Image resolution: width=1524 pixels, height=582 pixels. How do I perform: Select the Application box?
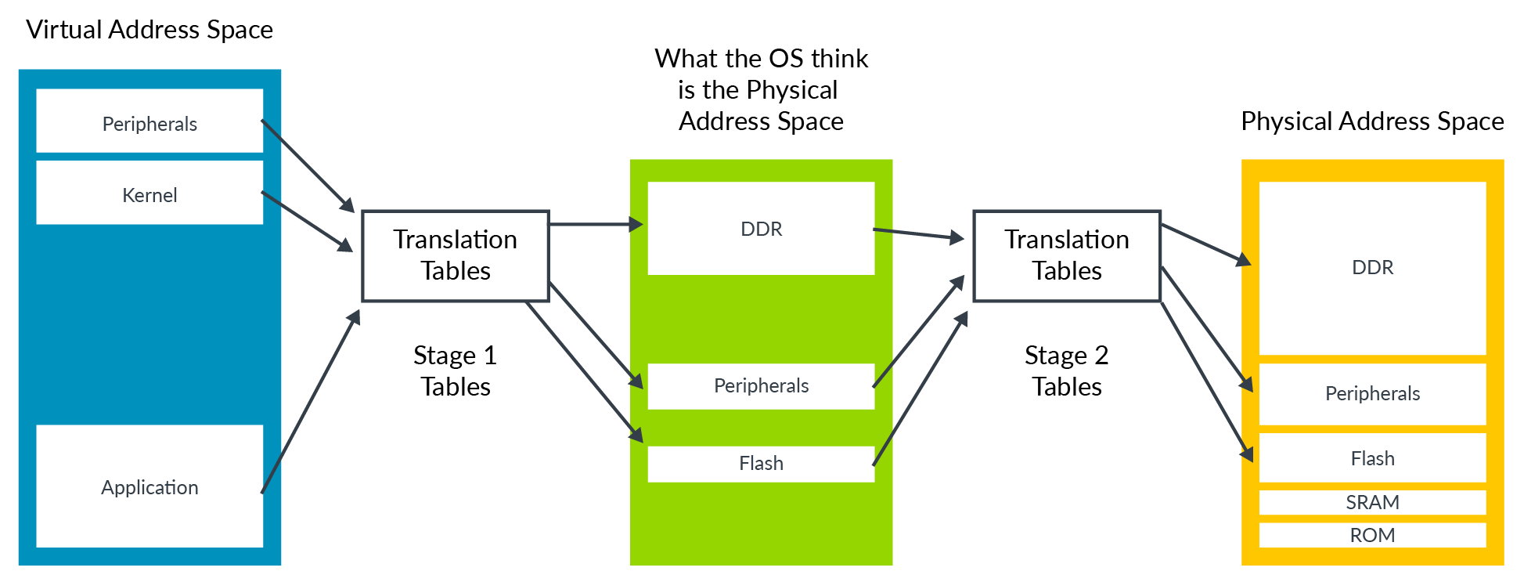coord(150,486)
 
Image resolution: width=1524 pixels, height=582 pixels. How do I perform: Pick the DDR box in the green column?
coord(761,228)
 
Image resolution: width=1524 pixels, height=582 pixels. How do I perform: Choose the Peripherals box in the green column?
coord(761,385)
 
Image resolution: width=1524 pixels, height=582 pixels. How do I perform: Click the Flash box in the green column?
coord(761,464)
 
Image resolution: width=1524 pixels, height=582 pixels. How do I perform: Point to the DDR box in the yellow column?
coord(1372,268)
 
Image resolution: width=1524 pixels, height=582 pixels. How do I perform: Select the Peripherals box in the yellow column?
coord(1372,393)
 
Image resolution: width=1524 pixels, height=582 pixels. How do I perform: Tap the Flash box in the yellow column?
coord(1372,458)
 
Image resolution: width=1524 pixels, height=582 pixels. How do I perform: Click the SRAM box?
coord(1372,502)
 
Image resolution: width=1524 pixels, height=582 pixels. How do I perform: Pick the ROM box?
coord(1372,535)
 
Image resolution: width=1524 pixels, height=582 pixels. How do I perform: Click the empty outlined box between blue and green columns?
coord(456,255)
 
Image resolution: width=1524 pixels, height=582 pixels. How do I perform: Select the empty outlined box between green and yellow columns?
coord(1067,255)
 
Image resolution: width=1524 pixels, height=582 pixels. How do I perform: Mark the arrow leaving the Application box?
coord(310,402)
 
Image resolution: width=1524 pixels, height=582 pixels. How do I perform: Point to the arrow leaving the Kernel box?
coord(307,221)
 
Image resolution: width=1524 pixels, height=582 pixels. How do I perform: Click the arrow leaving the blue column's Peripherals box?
coord(308,165)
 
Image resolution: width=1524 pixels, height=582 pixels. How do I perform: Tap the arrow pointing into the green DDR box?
coord(595,225)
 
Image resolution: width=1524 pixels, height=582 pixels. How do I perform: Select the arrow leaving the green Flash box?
coord(921,389)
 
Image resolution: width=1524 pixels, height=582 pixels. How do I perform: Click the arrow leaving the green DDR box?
coord(918,233)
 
